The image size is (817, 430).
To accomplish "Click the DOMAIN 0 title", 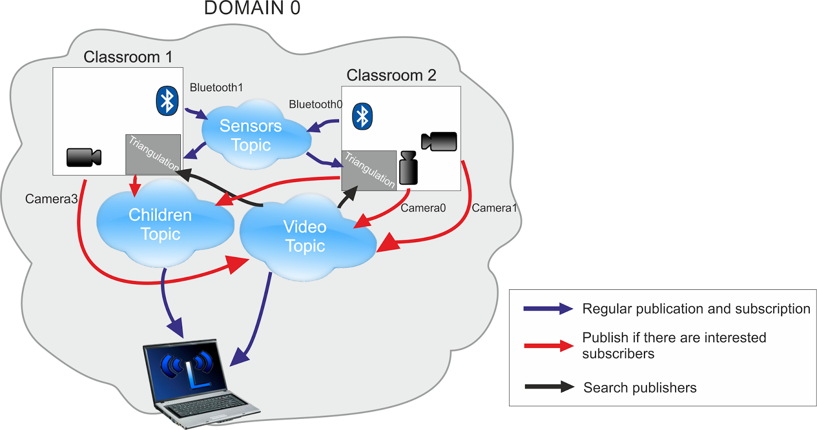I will click(x=252, y=8).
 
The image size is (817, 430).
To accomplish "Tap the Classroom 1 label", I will click(x=128, y=57).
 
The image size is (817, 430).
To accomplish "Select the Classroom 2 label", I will click(x=391, y=75).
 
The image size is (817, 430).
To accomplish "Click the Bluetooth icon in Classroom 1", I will click(x=167, y=100).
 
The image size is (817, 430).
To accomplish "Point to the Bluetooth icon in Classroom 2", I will click(x=362, y=116).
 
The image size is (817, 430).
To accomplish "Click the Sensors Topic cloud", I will click(x=251, y=135).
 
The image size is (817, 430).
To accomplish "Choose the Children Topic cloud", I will click(x=160, y=224).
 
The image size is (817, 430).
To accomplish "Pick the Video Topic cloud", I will click(x=305, y=236).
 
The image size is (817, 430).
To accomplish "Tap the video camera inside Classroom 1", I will click(x=84, y=157).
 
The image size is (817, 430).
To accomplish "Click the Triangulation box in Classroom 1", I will click(x=153, y=154).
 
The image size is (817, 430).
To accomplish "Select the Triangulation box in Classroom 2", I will click(x=369, y=170).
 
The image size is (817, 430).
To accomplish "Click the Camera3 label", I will click(x=51, y=199).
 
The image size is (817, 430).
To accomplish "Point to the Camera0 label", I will click(x=423, y=208).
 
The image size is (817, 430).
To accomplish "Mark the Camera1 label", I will click(x=494, y=208).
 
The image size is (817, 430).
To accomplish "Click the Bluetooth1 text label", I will click(x=216, y=88).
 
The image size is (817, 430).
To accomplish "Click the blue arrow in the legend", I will click(x=548, y=309).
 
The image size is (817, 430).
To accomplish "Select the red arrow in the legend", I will click(x=548, y=346).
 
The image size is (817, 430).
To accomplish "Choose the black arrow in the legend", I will click(x=549, y=387).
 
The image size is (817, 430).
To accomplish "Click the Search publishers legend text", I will click(x=640, y=388).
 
